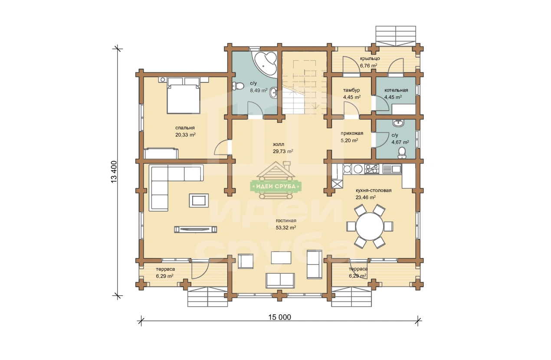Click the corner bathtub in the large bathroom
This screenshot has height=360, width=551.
click(x=266, y=63)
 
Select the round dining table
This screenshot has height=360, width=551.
click(x=370, y=226)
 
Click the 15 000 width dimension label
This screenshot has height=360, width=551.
click(x=279, y=317)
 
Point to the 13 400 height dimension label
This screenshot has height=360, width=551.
click(x=114, y=172)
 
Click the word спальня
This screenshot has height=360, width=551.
click(x=185, y=128)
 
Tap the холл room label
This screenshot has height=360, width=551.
click(x=278, y=144)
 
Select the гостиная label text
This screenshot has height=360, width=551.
click(x=286, y=221)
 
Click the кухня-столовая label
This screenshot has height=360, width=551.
click(x=374, y=190)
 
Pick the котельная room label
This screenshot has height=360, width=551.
click(x=396, y=90)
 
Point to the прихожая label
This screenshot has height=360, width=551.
click(x=352, y=133)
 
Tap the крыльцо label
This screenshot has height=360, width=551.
click(x=370, y=59)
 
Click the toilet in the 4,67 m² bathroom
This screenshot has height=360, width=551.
click(x=402, y=153)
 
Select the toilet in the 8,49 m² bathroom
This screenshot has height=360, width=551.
click(x=238, y=86)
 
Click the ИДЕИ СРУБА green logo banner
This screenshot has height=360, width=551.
click(x=276, y=186)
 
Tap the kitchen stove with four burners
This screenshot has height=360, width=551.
click(x=372, y=169)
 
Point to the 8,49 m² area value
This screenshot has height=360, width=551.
click(x=259, y=90)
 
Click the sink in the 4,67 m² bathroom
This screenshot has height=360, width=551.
click(x=398, y=123)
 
